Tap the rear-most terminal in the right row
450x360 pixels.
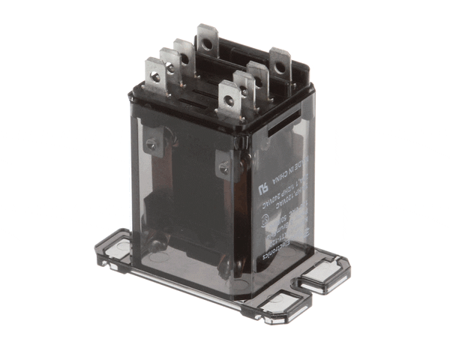280,66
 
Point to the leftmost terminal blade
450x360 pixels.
155,76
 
